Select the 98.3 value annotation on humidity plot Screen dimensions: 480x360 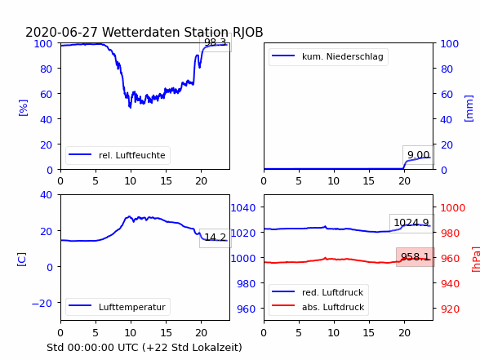coord(216,42)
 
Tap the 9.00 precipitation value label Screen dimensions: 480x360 coord(419,155)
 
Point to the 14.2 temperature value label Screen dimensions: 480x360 coord(216,238)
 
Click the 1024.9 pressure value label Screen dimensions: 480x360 coord(411,223)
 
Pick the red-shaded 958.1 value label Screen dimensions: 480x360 coord(415,257)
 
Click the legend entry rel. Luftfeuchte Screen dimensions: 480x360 coord(118,155)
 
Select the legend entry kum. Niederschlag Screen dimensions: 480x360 coord(328,56)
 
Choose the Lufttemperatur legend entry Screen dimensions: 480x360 coord(118,307)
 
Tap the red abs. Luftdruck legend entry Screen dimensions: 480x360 coord(318,307)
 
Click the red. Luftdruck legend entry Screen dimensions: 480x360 coord(318,292)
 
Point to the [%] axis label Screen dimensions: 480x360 coord(23,108)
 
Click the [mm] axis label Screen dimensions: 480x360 coord(469,109)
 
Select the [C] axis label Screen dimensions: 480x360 coord(22,260)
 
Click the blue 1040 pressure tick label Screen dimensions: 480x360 coord(243,208)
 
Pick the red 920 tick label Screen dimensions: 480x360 coord(450,309)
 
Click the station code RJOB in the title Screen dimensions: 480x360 coord(248,32)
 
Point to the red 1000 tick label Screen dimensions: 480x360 coord(453,208)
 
